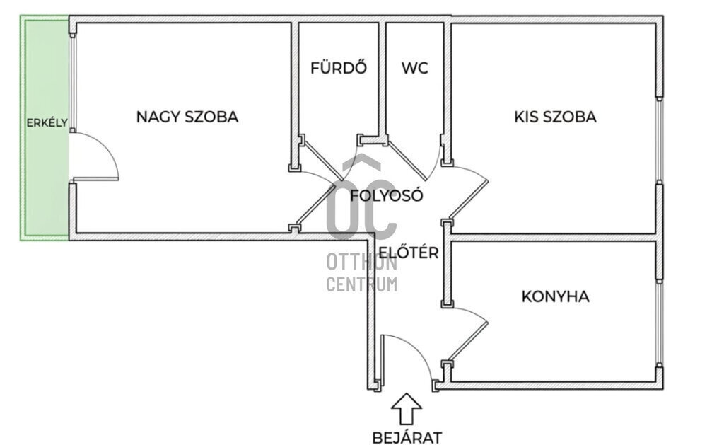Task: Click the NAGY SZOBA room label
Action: [187, 117]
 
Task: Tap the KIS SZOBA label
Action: [555, 117]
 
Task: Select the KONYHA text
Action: [555, 296]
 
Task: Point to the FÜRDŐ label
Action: [339, 69]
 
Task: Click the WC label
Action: [415, 69]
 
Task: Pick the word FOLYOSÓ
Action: [387, 196]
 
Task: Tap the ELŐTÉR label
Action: [409, 253]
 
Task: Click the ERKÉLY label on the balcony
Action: [47, 122]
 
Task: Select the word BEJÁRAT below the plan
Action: [407, 437]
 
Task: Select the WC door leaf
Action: [406, 156]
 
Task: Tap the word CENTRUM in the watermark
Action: [361, 284]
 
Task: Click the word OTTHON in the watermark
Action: [361, 262]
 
